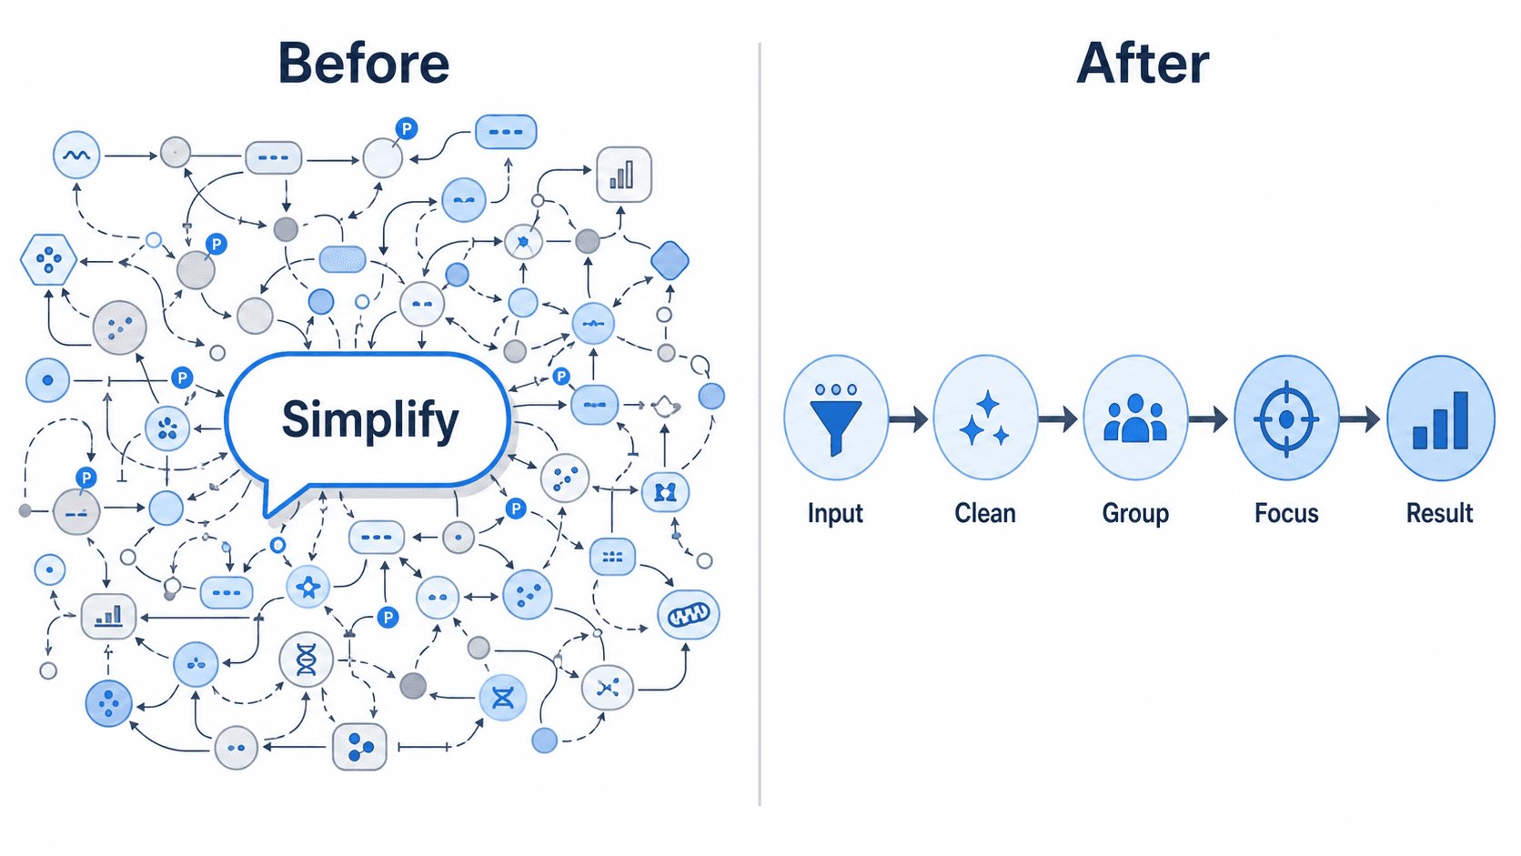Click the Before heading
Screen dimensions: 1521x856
[364, 63]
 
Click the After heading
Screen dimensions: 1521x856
[1143, 63]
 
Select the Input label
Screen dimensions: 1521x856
[835, 513]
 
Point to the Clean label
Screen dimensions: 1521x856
[985, 513]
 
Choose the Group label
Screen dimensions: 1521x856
[1135, 513]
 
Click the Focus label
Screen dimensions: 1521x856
[1286, 513]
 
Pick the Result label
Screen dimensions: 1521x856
[1439, 513]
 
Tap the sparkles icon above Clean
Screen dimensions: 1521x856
[985, 418]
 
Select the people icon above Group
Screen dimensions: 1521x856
[1135, 418]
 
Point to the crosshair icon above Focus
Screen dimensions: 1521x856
[1286, 418]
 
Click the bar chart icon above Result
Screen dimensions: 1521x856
[1440, 420]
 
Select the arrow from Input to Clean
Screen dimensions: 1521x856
[909, 418]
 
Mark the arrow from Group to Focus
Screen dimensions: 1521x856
[1209, 418]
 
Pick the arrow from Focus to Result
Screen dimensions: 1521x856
[1360, 418]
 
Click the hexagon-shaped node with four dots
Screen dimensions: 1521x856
[49, 259]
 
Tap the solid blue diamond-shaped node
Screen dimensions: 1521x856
[670, 261]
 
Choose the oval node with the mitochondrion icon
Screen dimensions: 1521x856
[689, 615]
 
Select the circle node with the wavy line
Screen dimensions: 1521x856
[76, 155]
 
